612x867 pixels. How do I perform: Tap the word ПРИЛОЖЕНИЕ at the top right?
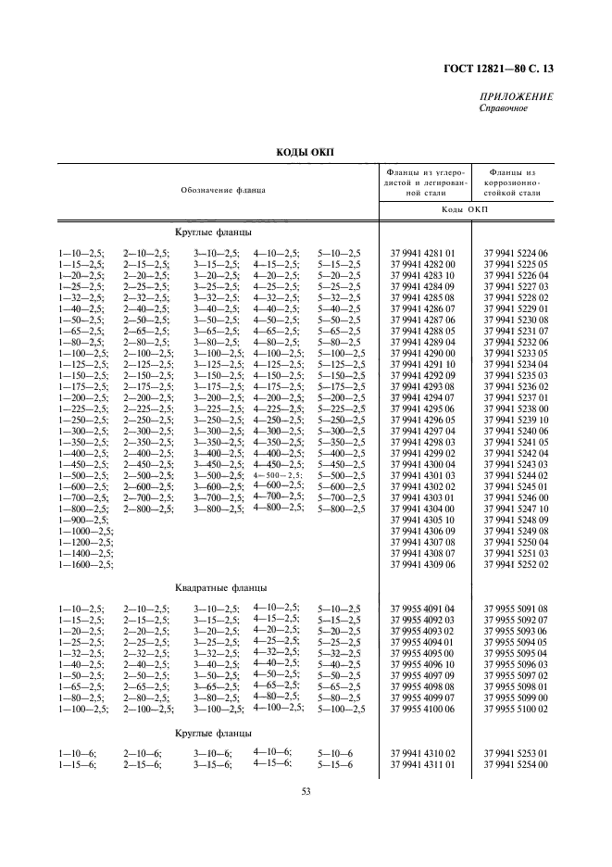coord(517,97)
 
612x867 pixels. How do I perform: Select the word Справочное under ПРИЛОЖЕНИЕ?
coord(504,109)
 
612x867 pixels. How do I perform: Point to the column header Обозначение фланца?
coord(223,190)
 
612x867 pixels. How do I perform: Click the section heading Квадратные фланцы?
coord(220,587)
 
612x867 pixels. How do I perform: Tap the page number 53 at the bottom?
coord(306,790)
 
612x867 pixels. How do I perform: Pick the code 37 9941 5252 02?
coord(516,564)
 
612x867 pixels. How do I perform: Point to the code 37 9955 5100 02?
coord(516,709)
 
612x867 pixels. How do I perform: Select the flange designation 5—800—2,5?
coord(340,509)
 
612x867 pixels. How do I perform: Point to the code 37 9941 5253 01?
coord(516,753)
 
